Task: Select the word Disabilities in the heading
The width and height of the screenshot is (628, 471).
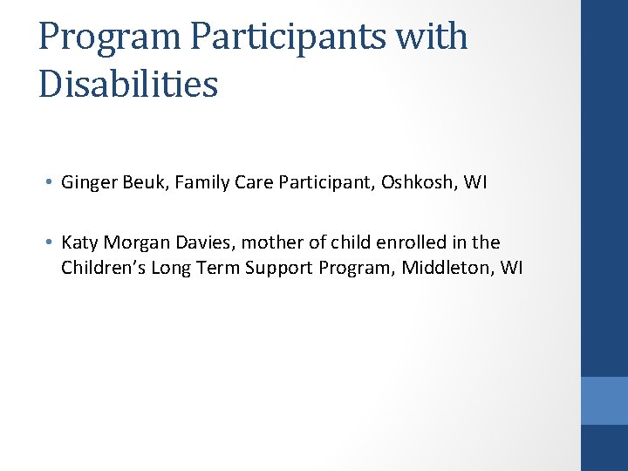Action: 128,85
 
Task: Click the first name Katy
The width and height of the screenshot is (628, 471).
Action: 79,242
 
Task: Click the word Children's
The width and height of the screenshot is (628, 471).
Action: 103,267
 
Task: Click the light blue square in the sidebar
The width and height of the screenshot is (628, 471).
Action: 604,400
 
